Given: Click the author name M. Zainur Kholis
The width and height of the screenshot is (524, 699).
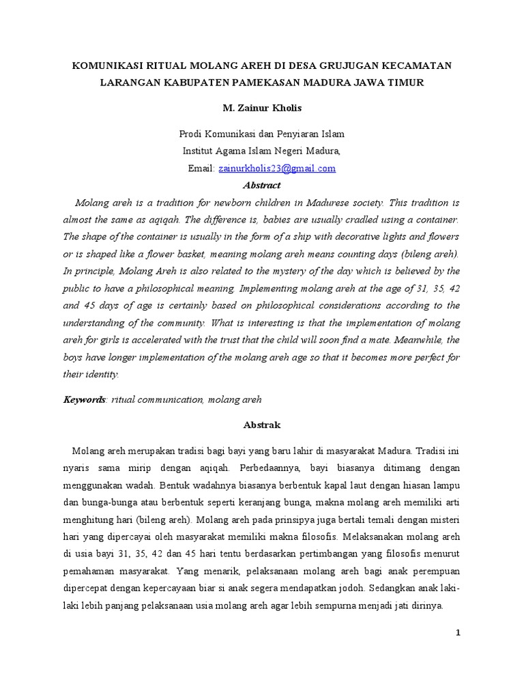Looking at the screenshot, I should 262,109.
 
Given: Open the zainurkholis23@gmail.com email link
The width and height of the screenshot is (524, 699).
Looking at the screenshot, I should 277,168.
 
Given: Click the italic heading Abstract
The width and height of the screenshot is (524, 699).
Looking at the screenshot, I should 262,185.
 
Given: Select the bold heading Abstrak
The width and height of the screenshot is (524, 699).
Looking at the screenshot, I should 262,425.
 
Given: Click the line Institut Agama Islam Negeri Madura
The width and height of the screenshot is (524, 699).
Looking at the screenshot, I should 262,150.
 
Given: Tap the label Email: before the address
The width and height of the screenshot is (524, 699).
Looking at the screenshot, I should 202,168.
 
